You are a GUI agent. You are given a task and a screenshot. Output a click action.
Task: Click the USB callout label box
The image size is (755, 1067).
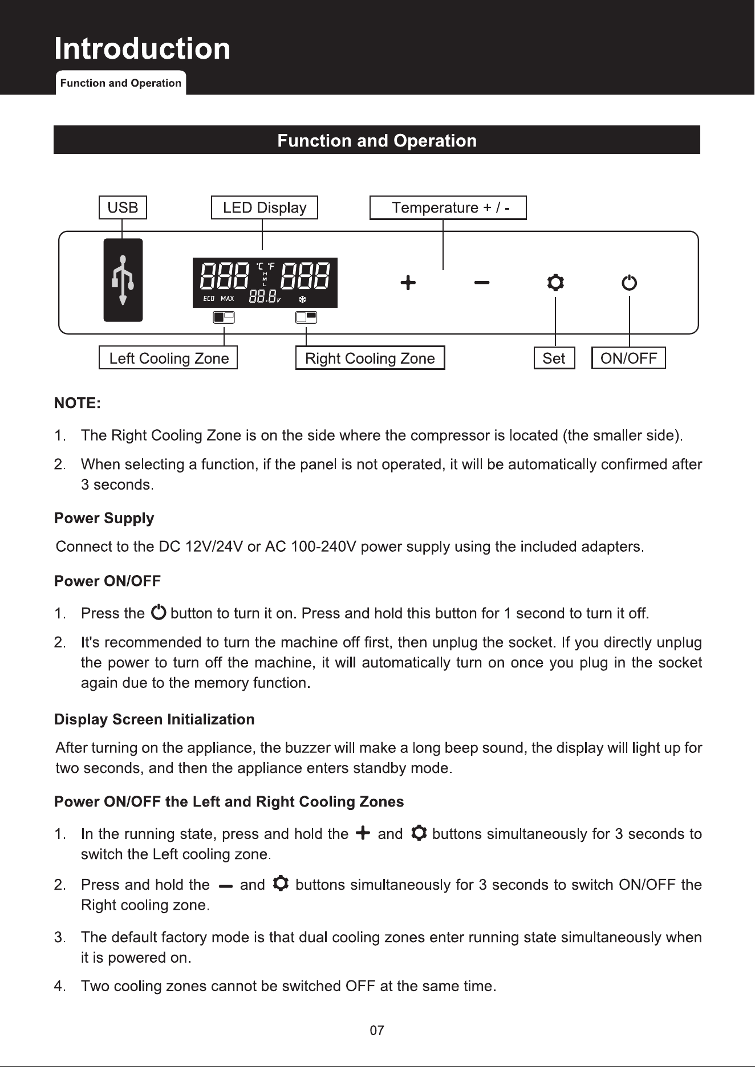(123, 207)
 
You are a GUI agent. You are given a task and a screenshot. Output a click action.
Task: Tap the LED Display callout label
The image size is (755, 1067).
(264, 207)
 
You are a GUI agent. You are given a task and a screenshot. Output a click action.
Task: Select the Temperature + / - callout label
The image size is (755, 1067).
(448, 207)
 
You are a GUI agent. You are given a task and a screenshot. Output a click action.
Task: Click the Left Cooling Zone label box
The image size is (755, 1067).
(168, 358)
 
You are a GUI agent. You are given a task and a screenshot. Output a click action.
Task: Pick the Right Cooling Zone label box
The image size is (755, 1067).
(370, 358)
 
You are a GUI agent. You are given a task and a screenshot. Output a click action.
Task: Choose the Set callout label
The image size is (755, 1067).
(554, 358)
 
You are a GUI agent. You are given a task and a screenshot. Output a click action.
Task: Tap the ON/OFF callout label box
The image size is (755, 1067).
(628, 358)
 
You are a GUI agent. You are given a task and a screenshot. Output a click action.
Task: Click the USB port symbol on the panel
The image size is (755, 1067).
(123, 280)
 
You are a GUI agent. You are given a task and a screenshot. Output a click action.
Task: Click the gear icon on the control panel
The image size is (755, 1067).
(555, 283)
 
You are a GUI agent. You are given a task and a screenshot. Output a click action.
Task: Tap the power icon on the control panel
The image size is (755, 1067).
(629, 283)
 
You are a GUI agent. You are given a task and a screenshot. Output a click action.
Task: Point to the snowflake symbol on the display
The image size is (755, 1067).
(303, 299)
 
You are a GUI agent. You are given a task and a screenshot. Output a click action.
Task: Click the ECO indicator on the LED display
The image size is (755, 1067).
(209, 299)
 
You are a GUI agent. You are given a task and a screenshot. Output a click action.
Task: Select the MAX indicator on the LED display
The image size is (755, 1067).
(228, 299)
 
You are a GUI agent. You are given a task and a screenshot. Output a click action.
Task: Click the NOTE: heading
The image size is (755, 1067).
(78, 404)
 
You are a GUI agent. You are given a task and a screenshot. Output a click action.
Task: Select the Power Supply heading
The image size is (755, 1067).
(104, 519)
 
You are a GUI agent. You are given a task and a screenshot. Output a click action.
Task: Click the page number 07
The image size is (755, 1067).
(377, 1031)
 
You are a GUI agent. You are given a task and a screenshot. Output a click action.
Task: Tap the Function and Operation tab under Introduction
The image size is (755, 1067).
(121, 83)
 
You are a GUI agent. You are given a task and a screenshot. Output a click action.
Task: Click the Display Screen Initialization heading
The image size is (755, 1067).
(154, 719)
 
